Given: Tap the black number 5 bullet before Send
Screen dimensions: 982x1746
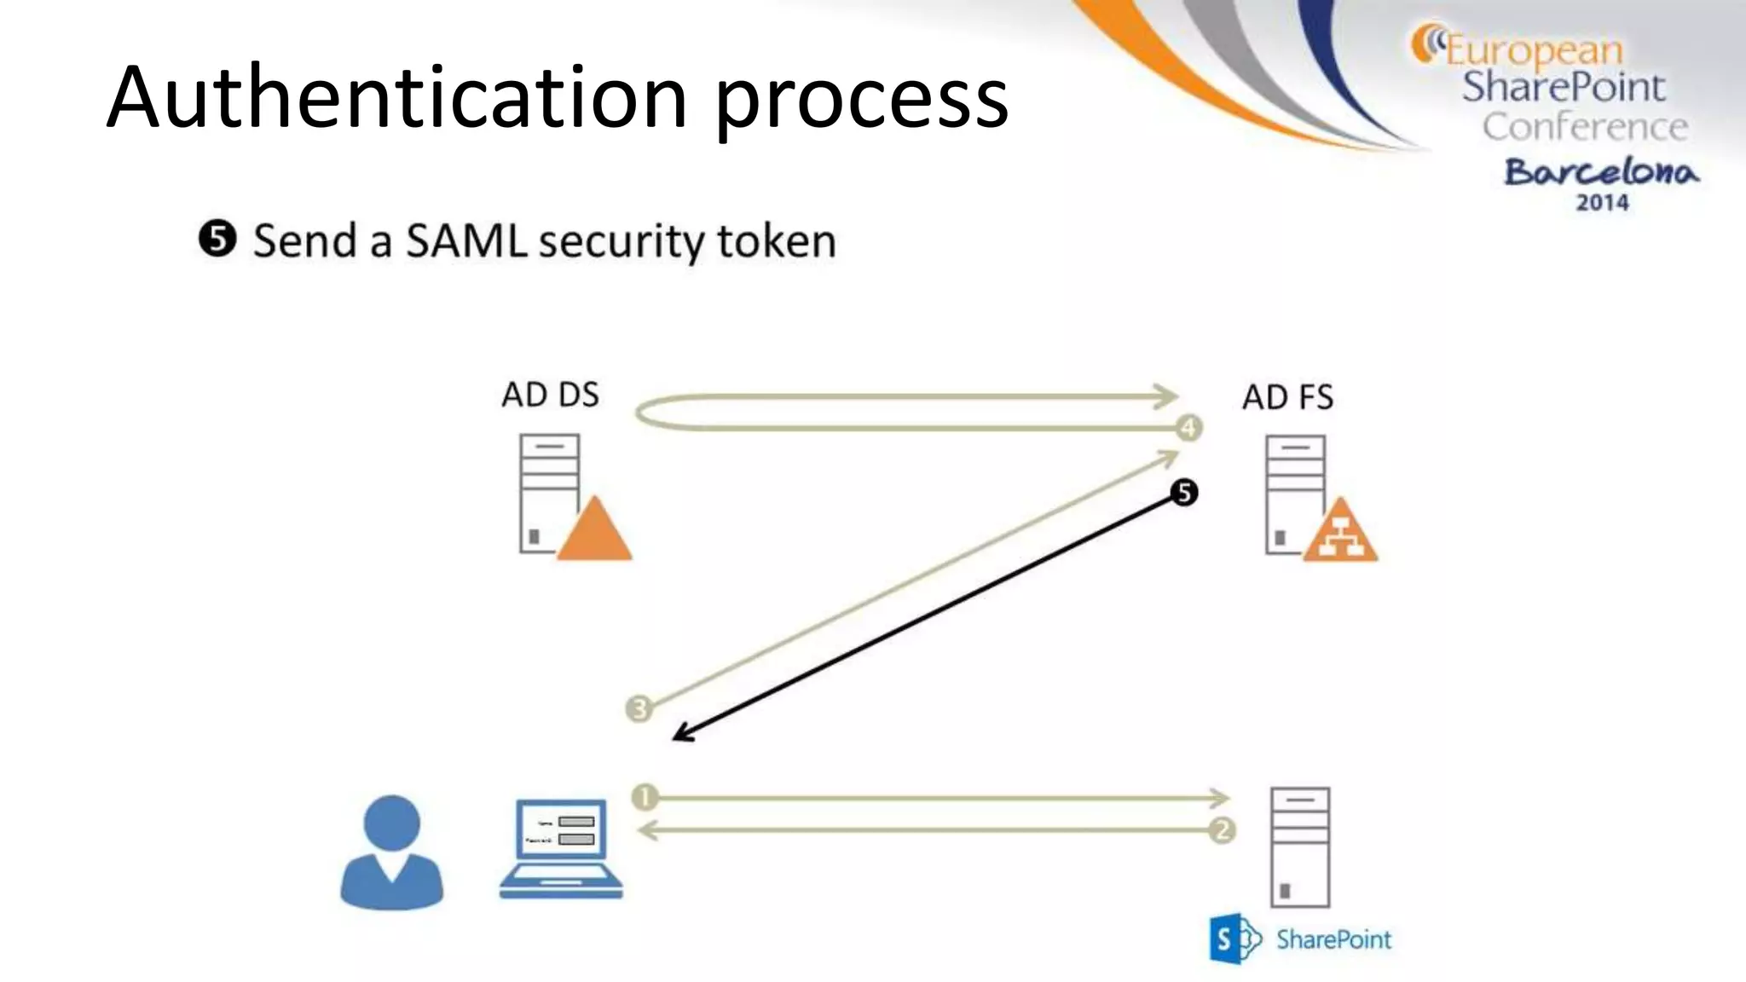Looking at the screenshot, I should point(217,240).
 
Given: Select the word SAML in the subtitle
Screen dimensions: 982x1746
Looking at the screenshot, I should point(466,241).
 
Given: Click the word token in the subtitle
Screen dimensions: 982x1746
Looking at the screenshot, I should point(776,241).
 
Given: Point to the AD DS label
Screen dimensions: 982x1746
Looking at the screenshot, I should point(550,395).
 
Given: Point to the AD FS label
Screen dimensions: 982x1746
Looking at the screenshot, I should point(1287,397).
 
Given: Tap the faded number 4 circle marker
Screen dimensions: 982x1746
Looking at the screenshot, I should point(1188,427).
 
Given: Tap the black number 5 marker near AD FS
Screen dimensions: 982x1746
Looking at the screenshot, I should point(1183,492).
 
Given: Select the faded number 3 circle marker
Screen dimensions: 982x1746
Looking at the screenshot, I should point(639,708).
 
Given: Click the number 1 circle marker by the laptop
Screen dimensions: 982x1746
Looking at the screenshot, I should point(645,797).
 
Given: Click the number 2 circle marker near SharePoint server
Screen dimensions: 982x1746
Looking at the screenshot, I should point(1222,829).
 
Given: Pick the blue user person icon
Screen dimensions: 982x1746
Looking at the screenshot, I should point(391,852).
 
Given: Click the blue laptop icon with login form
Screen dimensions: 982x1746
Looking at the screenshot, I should point(560,848).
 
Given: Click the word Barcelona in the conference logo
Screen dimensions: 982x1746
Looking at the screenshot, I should point(1600,172).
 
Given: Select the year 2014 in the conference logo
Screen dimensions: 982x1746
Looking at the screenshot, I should point(1601,203).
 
